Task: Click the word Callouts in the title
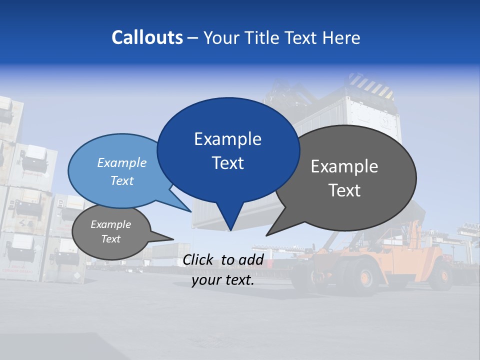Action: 147,37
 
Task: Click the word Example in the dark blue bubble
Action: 227,139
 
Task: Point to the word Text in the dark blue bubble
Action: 227,163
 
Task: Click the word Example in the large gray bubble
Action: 344,166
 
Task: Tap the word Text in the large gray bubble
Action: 344,190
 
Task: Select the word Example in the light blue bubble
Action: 122,163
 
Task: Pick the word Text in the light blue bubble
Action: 122,180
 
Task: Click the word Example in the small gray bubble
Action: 111,224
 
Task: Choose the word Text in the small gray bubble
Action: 111,239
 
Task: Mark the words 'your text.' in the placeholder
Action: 223,280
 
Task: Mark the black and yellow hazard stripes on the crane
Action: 370,85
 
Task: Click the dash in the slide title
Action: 193,38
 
